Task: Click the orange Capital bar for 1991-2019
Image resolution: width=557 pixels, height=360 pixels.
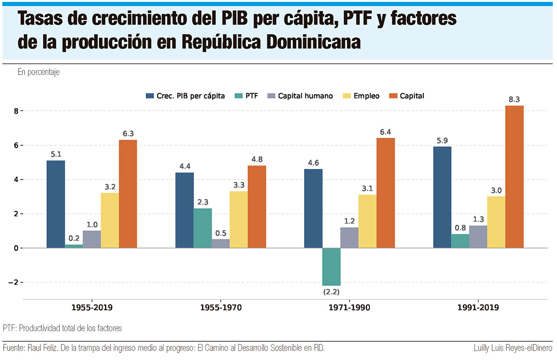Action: (x=514, y=177)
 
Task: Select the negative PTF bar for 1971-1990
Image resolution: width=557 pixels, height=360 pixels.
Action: (x=331, y=267)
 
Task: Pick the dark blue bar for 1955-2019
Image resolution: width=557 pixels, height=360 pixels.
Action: (x=56, y=204)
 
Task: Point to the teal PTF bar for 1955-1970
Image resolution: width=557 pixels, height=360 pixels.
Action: (x=202, y=228)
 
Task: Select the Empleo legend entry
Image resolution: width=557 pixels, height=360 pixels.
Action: (x=361, y=96)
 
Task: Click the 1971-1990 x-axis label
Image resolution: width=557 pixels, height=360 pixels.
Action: (x=349, y=308)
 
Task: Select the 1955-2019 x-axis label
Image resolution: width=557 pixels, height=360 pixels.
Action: (x=91, y=308)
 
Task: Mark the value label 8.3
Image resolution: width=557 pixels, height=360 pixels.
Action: (x=514, y=99)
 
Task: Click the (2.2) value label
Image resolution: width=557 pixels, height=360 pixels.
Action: (x=331, y=292)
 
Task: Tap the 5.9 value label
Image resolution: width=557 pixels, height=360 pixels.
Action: (x=442, y=140)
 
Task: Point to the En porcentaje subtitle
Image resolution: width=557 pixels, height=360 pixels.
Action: (x=39, y=72)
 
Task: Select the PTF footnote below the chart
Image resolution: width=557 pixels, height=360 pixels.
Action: (x=62, y=328)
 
